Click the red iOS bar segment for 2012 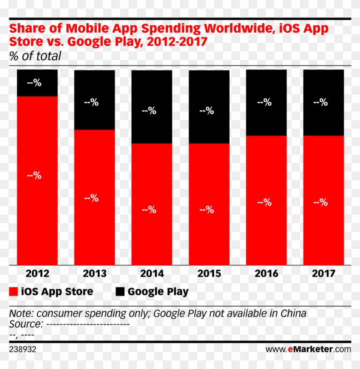coord(37,180)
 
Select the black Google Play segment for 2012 coord(37,83)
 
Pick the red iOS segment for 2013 coord(94,197)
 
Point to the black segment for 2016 coord(266,103)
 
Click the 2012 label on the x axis coord(37,274)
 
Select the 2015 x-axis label coord(209,274)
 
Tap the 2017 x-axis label coord(324,274)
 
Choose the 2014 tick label coord(152,274)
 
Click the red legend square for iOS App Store coord(13,292)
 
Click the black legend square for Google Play coord(120,292)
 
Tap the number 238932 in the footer coord(23,350)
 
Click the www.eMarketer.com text coord(308,350)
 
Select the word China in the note coord(293,313)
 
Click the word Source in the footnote coord(25,324)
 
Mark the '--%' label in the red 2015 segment coord(207,210)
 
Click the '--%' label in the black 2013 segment coord(92,102)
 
